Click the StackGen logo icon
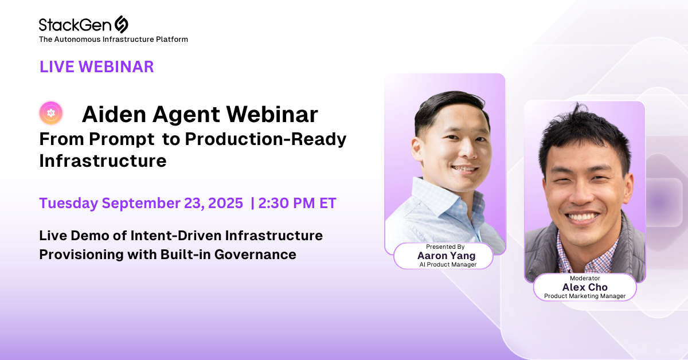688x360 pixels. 122,24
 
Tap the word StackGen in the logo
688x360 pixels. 75,25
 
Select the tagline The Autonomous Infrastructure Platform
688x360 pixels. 114,40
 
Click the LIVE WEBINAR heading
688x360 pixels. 97,66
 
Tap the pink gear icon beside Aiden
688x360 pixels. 51,113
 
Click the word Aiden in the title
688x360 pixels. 114,114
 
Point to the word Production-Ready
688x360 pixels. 265,139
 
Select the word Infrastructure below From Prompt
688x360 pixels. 103,161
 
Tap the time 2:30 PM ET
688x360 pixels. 298,203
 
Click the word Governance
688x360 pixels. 255,255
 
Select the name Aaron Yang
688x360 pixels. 446,256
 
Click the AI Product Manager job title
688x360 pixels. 448,264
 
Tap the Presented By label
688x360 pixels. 445,246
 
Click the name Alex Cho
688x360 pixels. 585,287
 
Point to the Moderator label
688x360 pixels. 585,278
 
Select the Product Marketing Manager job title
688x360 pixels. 585,296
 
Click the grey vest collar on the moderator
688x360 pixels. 627,233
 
